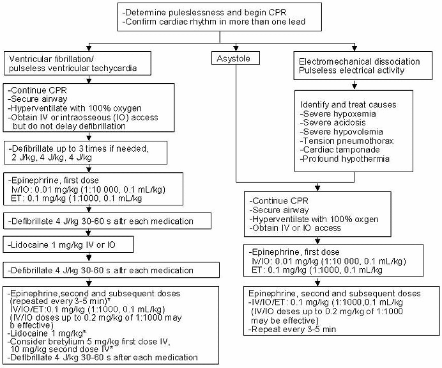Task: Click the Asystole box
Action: pos(236,58)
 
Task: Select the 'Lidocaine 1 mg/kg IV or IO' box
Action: pos(68,244)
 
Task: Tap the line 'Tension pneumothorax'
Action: pos(347,141)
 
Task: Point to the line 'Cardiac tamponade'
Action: pos(340,150)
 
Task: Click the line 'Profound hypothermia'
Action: pos(344,159)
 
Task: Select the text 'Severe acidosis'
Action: pos(333,123)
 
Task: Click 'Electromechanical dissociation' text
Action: pos(360,61)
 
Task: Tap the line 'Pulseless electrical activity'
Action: pos(351,70)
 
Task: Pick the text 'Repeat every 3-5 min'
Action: pos(292,330)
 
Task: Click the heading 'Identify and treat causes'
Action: pos(348,105)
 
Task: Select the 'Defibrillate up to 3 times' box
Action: pos(86,153)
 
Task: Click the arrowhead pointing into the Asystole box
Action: pos(236,48)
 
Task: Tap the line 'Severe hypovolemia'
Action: pos(341,132)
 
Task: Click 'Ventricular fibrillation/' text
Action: pos(51,60)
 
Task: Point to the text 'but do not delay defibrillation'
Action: pos(70,126)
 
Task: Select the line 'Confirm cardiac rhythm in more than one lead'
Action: pos(214,22)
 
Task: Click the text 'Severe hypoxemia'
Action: pos(338,114)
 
